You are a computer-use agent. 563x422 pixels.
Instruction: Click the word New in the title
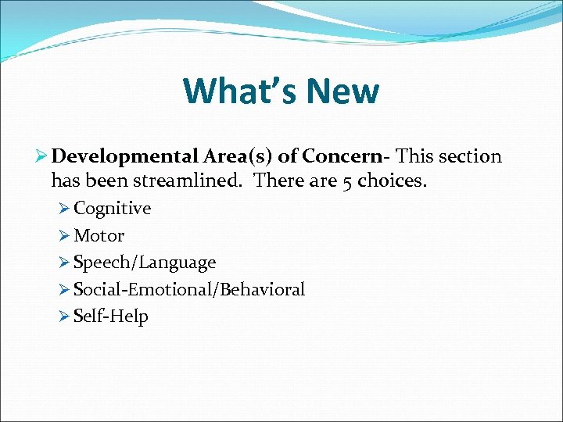click(342, 91)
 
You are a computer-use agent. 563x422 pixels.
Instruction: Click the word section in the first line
click(470, 156)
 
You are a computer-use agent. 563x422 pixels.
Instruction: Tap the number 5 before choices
click(347, 182)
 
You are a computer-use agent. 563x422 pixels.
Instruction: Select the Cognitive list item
click(112, 209)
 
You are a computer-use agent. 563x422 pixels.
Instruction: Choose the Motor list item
click(99, 235)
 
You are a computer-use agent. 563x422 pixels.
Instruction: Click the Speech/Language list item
click(145, 263)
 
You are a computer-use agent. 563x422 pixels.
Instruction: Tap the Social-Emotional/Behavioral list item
click(189, 289)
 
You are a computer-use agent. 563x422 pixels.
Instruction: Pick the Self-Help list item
click(110, 316)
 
